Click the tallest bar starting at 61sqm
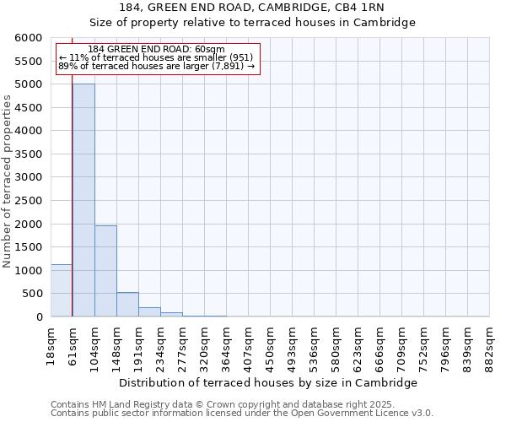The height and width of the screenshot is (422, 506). pos(83,200)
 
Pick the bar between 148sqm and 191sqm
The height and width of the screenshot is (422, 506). pos(127,305)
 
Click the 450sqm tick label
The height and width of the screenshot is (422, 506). pos(270,346)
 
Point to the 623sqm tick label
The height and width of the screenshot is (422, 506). pos(358,346)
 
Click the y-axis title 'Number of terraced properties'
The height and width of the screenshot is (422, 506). pos(8,181)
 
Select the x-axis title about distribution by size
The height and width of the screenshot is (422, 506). pos(270,382)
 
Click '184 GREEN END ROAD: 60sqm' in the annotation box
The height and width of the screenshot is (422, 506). pos(156,50)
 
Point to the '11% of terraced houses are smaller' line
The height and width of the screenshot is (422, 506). pos(156,57)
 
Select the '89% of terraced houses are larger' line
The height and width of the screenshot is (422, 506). pos(156,66)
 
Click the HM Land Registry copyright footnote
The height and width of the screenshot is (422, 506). pos(222,404)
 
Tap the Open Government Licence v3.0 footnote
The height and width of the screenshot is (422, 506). pos(242,414)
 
